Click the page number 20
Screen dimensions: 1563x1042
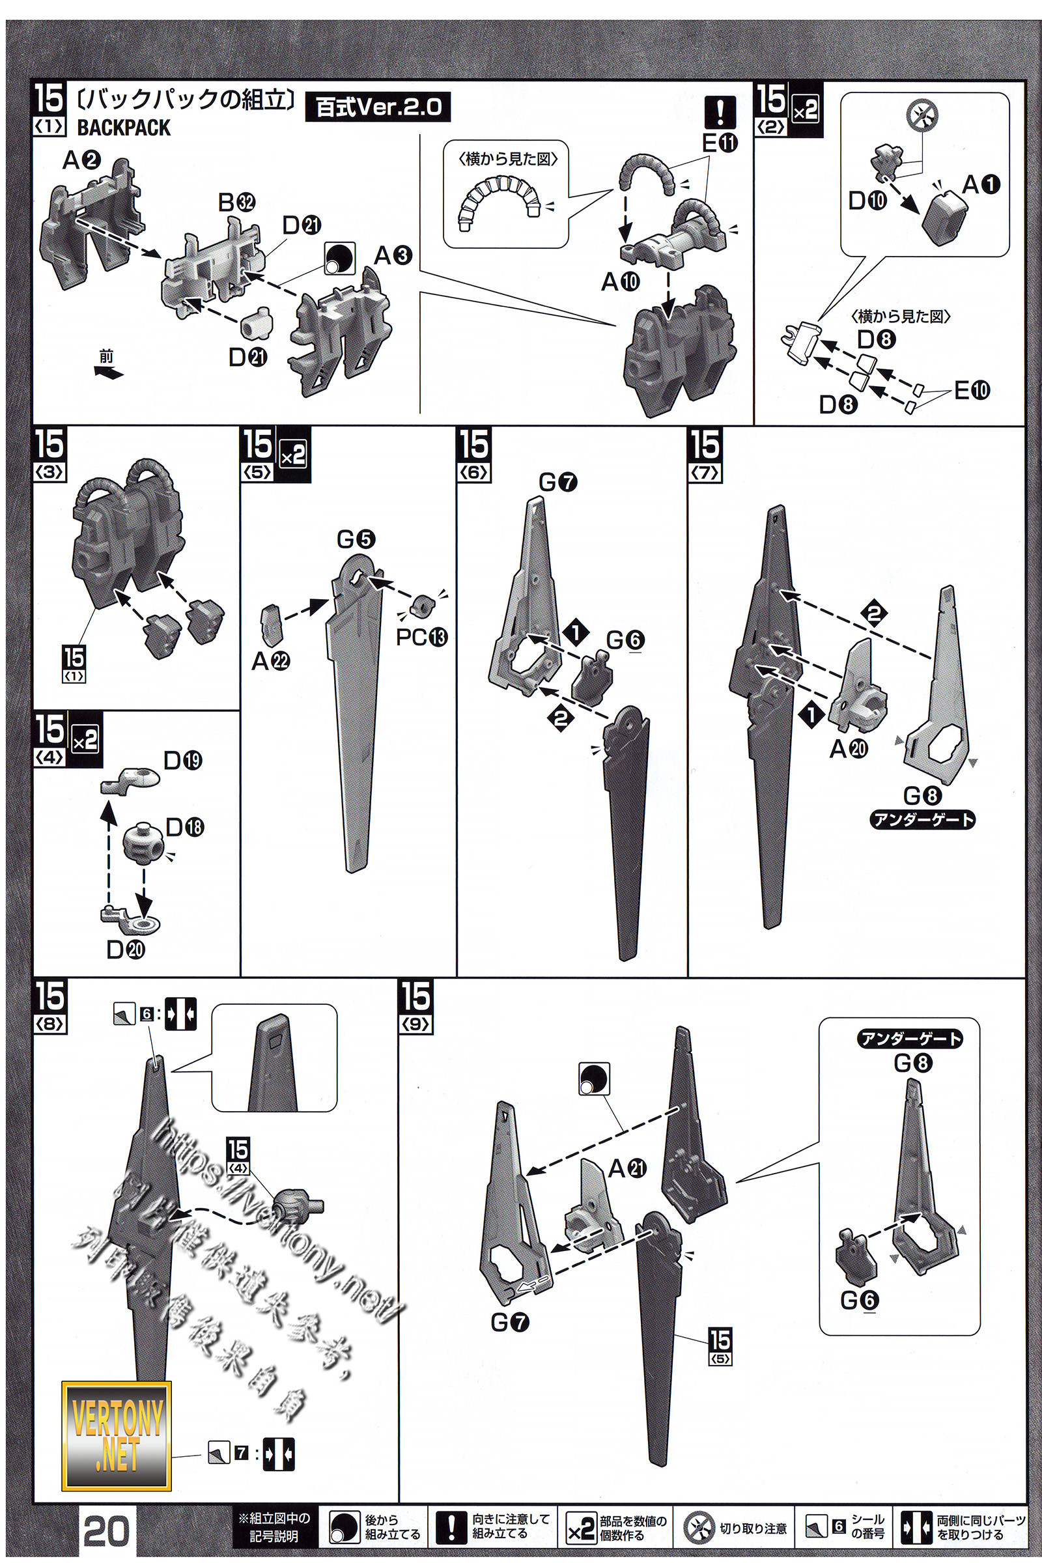(106, 1531)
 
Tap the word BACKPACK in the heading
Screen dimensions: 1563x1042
(124, 127)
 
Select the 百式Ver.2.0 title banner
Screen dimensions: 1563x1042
(378, 107)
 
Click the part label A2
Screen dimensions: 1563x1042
(82, 160)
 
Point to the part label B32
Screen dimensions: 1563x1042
(236, 202)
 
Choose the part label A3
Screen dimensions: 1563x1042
(393, 255)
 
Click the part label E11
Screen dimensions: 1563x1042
(720, 143)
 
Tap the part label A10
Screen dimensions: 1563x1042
(620, 283)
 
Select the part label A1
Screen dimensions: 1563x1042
(981, 185)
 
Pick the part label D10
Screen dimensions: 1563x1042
(868, 200)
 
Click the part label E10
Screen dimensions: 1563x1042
(972, 390)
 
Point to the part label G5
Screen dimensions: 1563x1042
(356, 539)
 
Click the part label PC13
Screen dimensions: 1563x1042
(421, 638)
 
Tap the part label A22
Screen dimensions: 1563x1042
(270, 661)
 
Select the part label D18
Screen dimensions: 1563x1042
(185, 827)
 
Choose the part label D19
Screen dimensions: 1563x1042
(183, 760)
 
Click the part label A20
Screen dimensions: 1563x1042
(849, 749)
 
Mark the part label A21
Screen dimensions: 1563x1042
(627, 1168)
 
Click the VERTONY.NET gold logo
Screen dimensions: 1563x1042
(117, 1435)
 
